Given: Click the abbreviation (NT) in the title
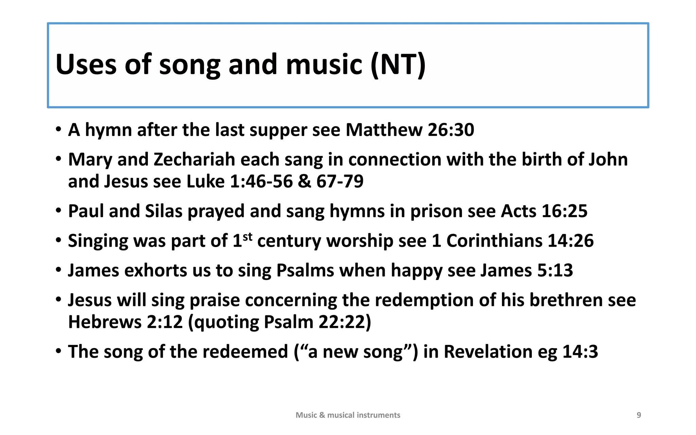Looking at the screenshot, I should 398,65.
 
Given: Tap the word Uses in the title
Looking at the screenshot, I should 86,65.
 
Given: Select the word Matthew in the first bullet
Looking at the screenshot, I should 384,130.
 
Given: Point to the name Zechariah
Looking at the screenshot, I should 194,159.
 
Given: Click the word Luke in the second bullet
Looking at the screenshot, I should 205,181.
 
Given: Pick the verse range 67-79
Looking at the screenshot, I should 340,181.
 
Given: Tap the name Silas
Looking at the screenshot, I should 164,211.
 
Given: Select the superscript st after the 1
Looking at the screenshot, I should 248,237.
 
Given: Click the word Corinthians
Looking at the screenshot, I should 494,241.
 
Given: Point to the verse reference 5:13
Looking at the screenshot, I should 555,271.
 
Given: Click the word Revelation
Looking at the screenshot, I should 488,351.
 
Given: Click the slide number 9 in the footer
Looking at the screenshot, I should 639,415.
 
